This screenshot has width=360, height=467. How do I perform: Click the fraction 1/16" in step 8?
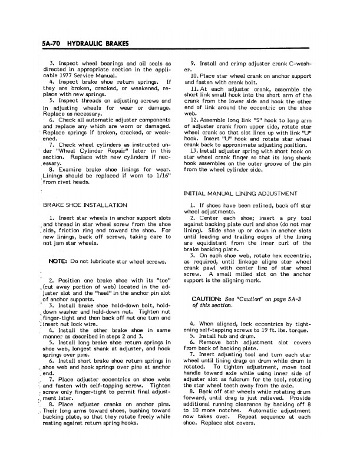[x=160, y=174]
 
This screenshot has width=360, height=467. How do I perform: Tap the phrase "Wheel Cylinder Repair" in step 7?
[x=84, y=149]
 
